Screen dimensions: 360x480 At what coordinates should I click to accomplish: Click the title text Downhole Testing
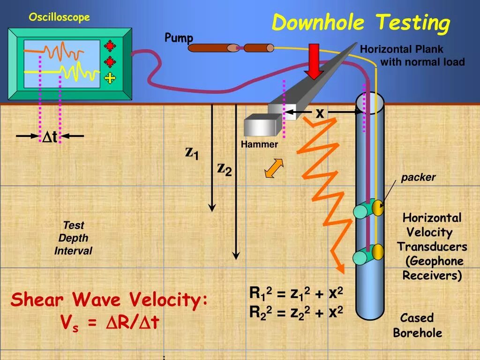click(x=361, y=23)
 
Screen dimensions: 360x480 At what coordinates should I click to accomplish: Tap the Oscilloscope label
click(x=59, y=17)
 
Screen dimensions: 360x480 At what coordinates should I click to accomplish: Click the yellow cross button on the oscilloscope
click(x=110, y=78)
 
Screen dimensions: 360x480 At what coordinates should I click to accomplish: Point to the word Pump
click(x=179, y=38)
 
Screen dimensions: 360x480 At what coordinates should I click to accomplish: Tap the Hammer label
click(x=259, y=144)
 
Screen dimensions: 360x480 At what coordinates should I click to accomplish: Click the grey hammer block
click(x=260, y=126)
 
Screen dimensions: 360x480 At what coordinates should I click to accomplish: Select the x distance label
click(x=320, y=113)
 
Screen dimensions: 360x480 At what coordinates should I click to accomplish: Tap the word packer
click(x=418, y=177)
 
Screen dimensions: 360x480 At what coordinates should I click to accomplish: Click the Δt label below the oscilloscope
click(x=50, y=137)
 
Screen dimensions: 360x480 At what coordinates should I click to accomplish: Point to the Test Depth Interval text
click(x=73, y=238)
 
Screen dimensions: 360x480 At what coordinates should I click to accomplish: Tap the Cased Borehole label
click(x=417, y=325)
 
